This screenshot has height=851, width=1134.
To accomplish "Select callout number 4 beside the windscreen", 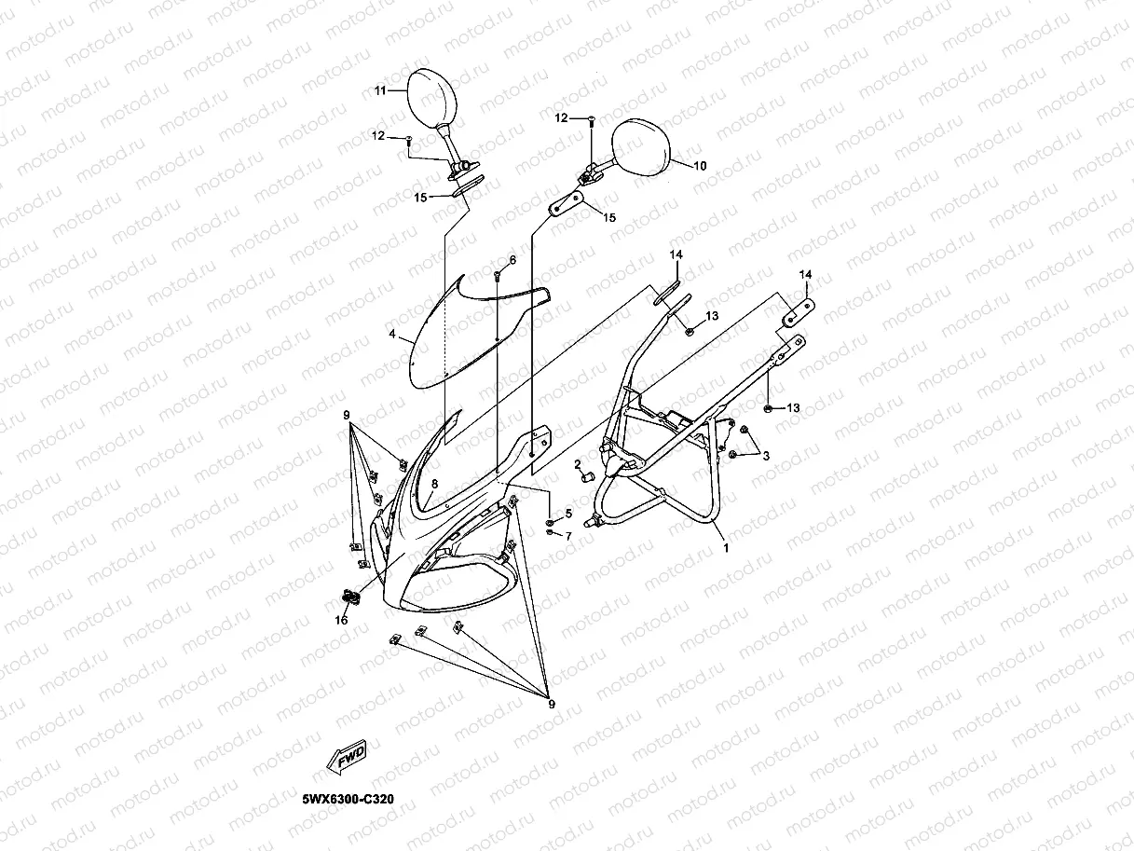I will [392, 334].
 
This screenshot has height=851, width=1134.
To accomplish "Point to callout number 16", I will [342, 620].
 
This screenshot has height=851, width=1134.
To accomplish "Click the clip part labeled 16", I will [351, 596].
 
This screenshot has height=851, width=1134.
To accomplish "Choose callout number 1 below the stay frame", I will [726, 548].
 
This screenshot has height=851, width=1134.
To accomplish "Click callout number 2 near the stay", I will [578, 463].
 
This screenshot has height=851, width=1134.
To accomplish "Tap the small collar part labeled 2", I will [588, 478].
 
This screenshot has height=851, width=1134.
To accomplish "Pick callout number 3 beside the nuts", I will [765, 455].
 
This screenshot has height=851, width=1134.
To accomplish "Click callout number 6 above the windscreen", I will [512, 259].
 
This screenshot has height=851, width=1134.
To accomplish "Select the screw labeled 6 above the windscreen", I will [498, 274].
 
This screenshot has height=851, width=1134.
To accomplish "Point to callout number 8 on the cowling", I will [434, 483].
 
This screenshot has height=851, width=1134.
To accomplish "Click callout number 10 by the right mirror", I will [701, 166].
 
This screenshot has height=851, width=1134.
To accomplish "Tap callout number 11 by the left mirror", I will [380, 90].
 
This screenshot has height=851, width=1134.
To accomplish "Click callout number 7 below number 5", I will [568, 536].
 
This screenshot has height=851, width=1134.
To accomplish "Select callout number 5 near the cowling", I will [568, 514].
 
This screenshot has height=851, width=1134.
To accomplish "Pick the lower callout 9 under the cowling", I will [551, 704].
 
